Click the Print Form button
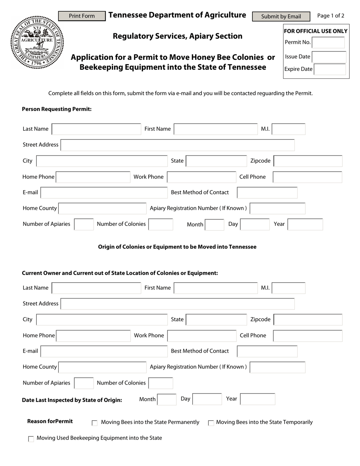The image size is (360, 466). (x=82, y=16)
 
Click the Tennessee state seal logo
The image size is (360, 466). (x=37, y=42)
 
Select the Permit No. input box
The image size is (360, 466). (x=328, y=42)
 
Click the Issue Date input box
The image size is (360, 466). (x=329, y=57)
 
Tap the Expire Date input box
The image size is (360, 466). (x=330, y=69)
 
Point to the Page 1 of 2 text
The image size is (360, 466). (x=330, y=16)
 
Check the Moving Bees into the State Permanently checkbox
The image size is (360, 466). (x=95, y=423)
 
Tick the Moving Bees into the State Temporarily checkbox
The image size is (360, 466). (x=211, y=423)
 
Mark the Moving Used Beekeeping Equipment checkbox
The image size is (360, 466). (x=31, y=439)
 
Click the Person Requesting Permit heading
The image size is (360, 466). (x=57, y=109)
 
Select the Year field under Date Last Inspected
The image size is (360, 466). (x=258, y=399)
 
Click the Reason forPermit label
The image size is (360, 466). (x=50, y=421)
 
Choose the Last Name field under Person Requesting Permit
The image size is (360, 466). (x=96, y=129)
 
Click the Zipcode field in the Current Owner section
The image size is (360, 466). (x=308, y=320)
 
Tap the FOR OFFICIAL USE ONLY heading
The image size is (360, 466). (x=316, y=31)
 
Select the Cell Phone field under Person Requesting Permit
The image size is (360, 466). (x=307, y=177)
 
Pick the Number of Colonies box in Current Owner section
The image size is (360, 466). (x=161, y=383)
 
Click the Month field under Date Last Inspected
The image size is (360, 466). (x=167, y=399)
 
